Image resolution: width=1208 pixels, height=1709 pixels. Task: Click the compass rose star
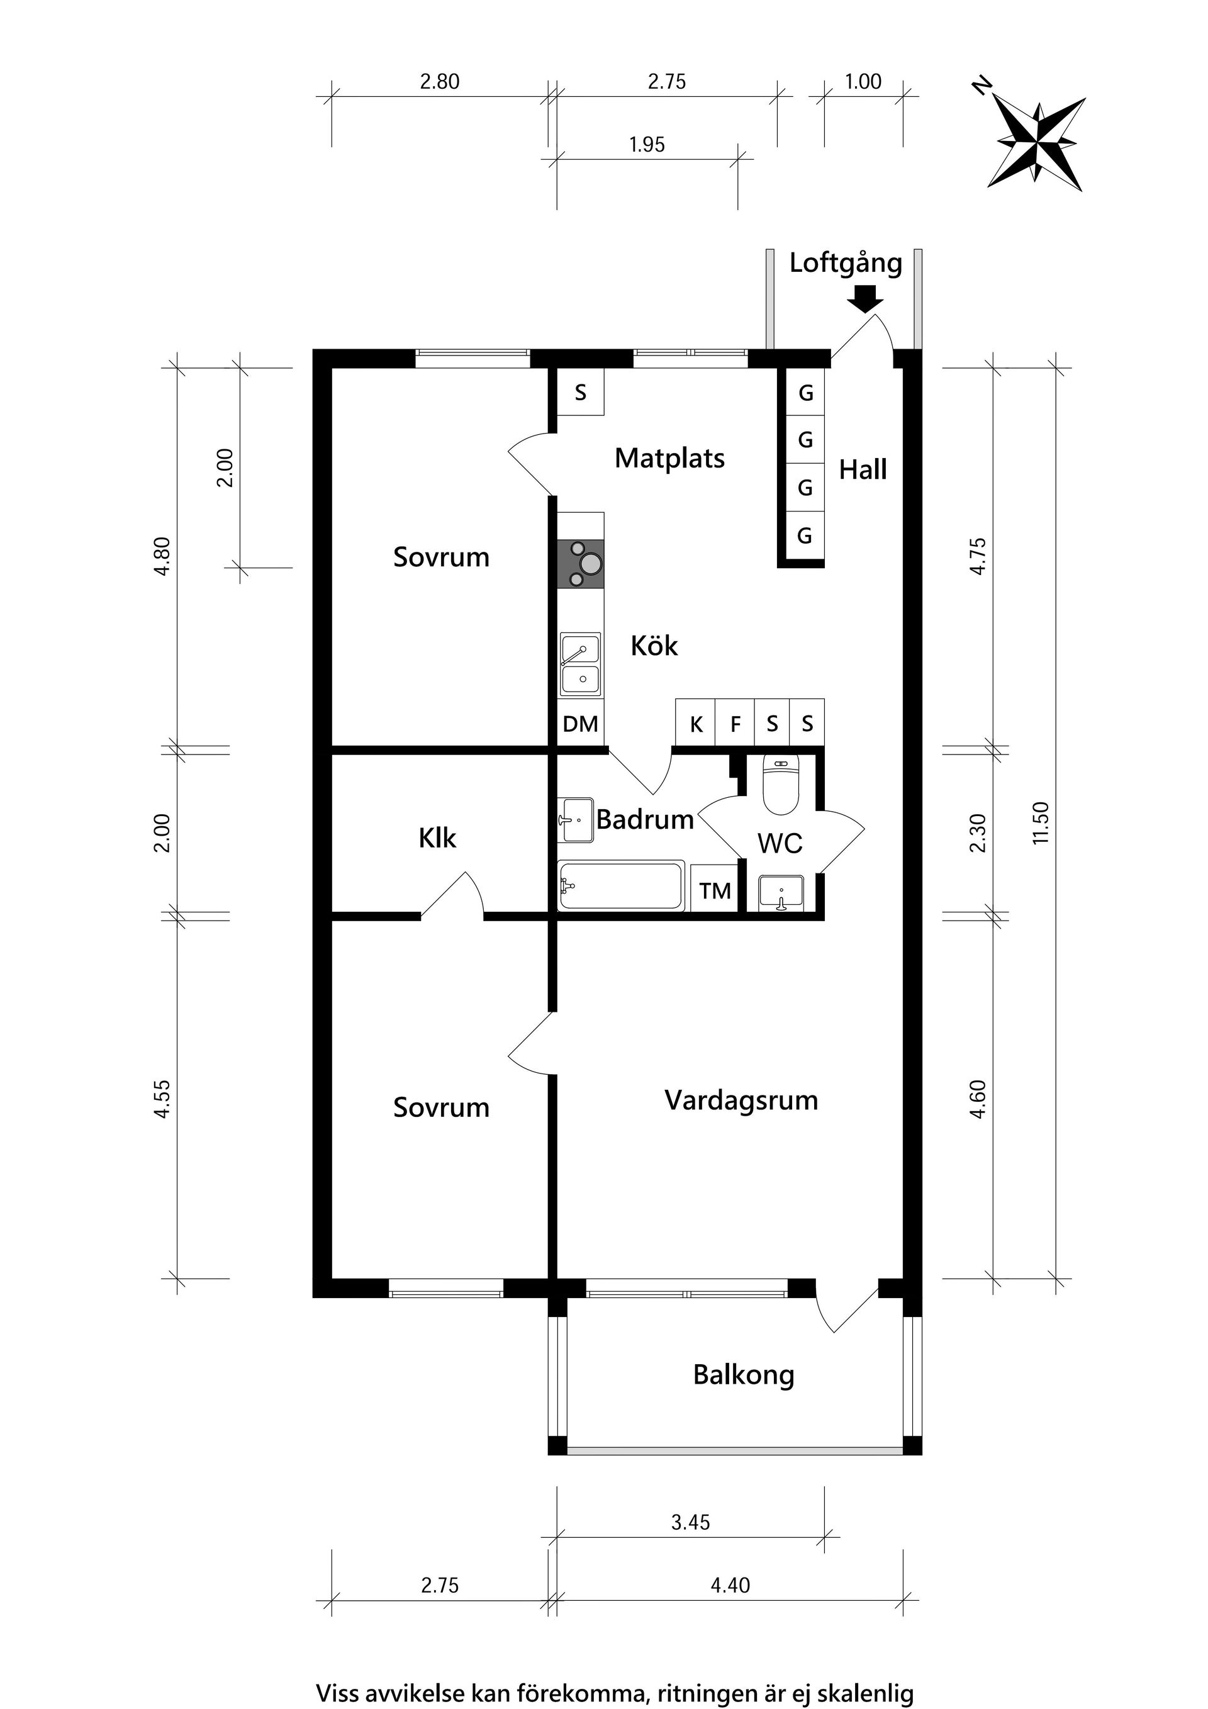(x=1037, y=142)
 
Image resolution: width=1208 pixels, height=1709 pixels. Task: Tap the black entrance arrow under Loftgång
(x=865, y=300)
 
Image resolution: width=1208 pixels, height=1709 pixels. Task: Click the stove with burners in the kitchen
(x=581, y=563)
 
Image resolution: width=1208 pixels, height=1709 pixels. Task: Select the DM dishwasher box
(x=581, y=724)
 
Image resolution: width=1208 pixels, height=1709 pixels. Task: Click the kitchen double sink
(x=581, y=664)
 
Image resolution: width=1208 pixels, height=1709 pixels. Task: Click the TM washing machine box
(x=715, y=890)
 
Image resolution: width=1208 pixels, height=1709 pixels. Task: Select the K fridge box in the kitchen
(x=696, y=724)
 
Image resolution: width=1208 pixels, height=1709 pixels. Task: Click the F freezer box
(x=735, y=724)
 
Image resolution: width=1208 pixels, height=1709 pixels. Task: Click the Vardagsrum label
(x=741, y=1100)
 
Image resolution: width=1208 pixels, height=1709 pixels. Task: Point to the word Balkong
(x=743, y=1374)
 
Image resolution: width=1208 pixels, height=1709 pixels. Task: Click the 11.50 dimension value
(x=1041, y=822)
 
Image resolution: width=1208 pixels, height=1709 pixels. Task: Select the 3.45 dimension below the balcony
(x=691, y=1522)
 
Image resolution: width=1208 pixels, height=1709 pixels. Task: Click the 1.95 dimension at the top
(x=647, y=144)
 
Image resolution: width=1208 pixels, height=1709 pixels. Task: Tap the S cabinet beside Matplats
(x=581, y=392)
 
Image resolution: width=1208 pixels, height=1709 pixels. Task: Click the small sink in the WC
(x=781, y=892)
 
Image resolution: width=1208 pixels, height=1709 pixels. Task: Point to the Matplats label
(x=669, y=459)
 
